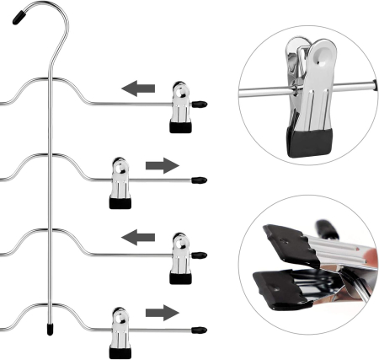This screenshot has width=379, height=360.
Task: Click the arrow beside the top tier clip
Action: click(x=140, y=87)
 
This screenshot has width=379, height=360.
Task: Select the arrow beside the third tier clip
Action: click(x=140, y=239)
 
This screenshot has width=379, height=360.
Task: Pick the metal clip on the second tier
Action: click(x=119, y=181)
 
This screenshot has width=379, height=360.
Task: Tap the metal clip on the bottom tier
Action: click(x=119, y=330)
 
